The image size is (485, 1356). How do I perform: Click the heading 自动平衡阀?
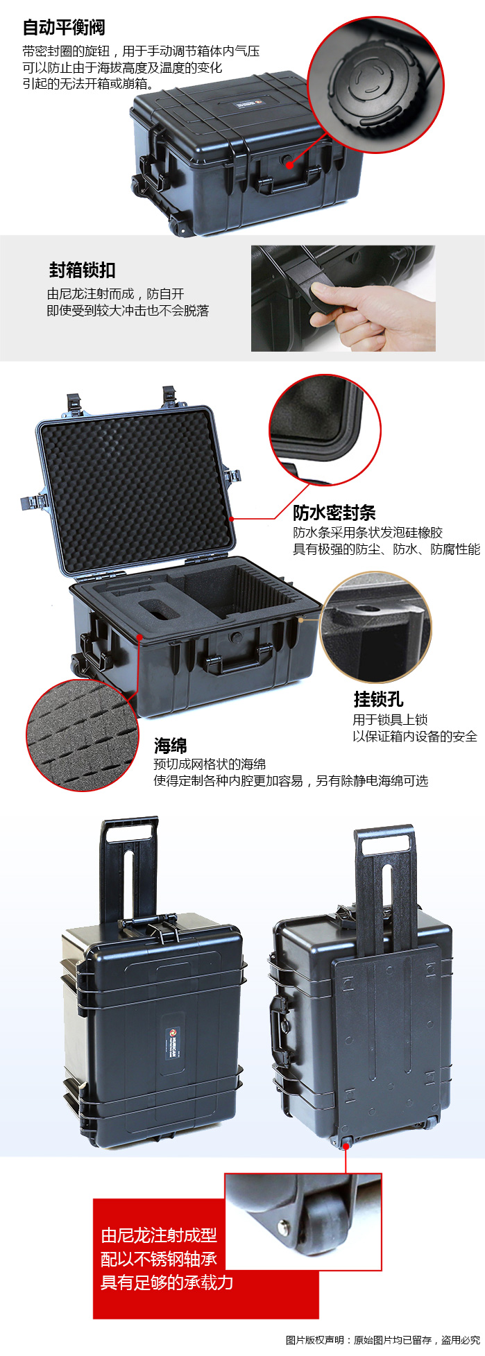[x=64, y=28]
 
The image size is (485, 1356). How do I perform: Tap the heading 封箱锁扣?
[x=83, y=270]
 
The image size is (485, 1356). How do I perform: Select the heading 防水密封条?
[x=334, y=513]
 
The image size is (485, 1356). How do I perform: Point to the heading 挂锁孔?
[x=378, y=699]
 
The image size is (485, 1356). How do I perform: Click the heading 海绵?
[x=171, y=746]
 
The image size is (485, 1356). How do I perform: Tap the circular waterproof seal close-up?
[x=325, y=431]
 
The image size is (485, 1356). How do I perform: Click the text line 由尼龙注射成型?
[x=159, y=1235]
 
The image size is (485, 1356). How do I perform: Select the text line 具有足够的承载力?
[x=167, y=1282]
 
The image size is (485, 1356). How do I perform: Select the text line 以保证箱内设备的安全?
[x=415, y=737]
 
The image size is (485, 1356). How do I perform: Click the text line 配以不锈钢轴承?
[x=159, y=1259]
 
